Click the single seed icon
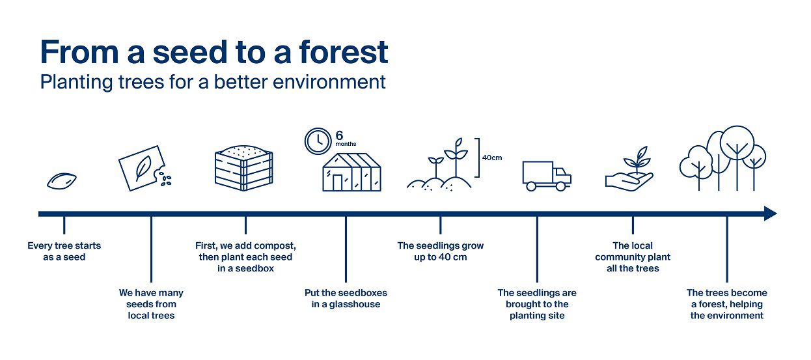click(62, 181)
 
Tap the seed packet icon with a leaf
click(144, 169)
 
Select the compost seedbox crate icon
click(243, 168)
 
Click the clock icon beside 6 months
click(318, 141)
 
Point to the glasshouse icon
click(351, 172)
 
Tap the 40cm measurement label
click(491, 158)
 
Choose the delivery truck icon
click(547, 176)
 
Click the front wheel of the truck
click(560, 186)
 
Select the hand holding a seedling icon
click(629, 169)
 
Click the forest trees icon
click(722, 158)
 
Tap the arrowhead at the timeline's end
click(771, 214)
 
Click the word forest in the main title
click(344, 53)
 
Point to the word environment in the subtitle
click(329, 82)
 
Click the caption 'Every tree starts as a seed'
click(64, 251)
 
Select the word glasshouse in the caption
click(355, 304)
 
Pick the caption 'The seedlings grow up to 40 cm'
click(440, 251)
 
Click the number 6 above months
click(339, 135)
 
